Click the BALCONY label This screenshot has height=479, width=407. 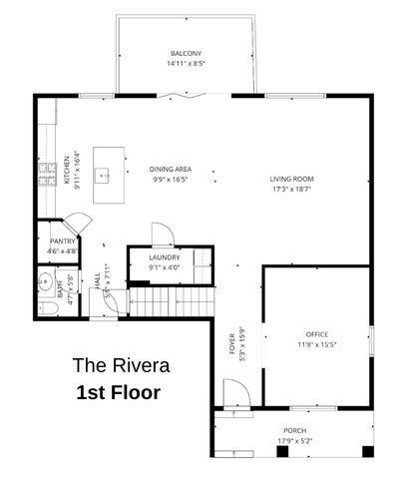[186, 53]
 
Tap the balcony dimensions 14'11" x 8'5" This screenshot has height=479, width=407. [186, 64]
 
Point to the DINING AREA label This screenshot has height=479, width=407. [171, 169]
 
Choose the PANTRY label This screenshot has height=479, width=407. [63, 242]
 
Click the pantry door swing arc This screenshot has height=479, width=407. [78, 224]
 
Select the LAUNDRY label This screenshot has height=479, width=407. [165, 257]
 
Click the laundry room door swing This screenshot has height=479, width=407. [163, 235]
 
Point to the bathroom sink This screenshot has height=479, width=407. [44, 282]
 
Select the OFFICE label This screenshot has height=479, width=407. [316, 334]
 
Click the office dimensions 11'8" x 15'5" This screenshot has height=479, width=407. [316, 345]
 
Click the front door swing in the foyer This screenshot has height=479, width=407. [235, 395]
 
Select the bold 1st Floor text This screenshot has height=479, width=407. [119, 392]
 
